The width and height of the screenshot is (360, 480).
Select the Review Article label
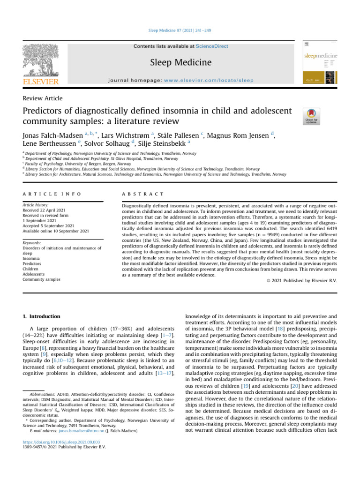tap(43, 98)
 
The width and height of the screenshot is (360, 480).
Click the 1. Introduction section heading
tap(41, 316)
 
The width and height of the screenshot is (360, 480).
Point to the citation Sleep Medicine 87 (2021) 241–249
tap(180, 30)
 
